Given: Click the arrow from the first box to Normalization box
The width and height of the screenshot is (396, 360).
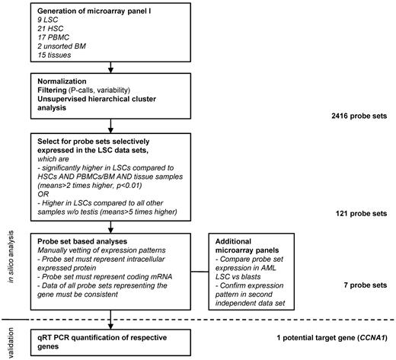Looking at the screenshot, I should pyautogui.click(x=110, y=72).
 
